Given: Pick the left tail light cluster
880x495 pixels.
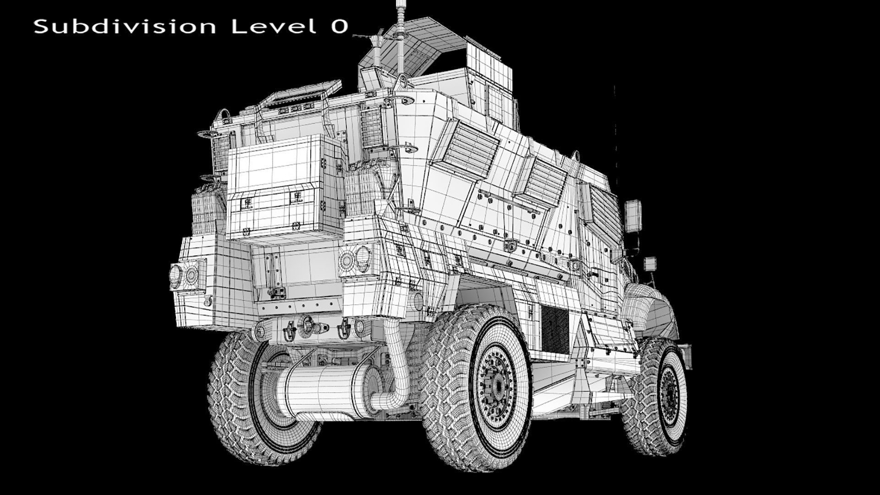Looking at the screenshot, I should pyautogui.click(x=187, y=275).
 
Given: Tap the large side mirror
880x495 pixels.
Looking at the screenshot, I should pyautogui.click(x=633, y=216).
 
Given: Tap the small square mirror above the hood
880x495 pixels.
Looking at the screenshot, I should pyautogui.click(x=649, y=264).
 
